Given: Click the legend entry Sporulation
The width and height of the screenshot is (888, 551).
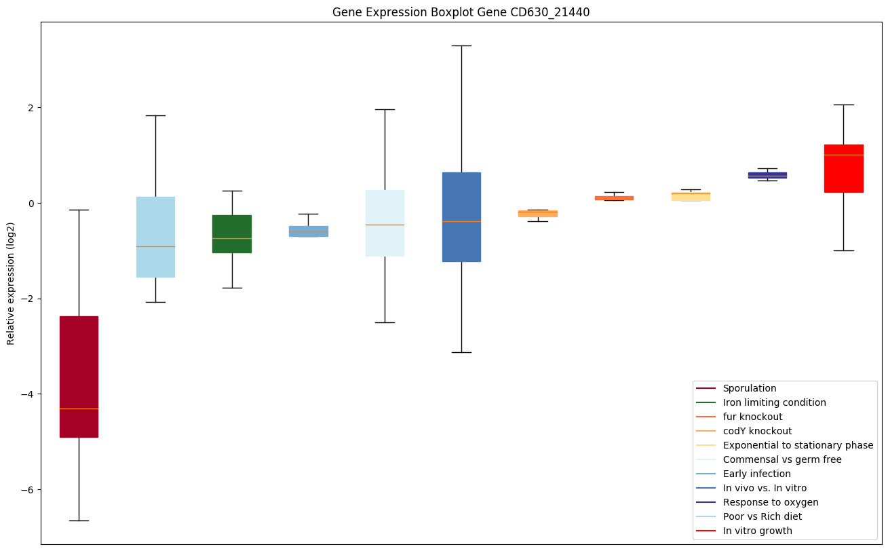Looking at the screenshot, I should tap(749, 388).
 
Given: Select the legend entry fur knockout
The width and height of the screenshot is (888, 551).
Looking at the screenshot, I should tap(752, 417).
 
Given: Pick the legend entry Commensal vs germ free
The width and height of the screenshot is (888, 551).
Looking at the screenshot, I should tap(781, 459).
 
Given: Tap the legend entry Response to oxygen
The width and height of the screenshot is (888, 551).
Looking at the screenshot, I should tap(770, 502).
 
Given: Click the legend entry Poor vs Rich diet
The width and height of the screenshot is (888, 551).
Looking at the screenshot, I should tap(762, 516).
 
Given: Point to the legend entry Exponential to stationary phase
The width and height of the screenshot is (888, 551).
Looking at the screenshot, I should tap(798, 445).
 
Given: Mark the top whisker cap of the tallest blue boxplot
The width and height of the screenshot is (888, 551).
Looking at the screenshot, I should tap(461, 45).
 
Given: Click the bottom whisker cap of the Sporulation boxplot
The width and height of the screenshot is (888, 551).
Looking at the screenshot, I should tap(79, 520).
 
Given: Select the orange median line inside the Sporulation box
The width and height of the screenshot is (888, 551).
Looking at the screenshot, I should tap(79, 408).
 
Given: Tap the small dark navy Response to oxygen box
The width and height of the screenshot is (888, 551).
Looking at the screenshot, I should tap(767, 175).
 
